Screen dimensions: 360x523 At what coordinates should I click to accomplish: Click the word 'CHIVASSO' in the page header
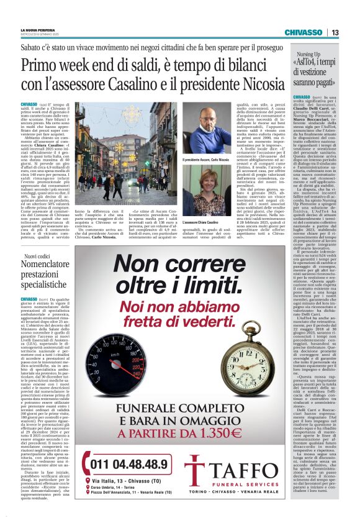click(x=304, y=32)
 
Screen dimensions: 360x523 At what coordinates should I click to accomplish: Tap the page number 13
click(x=335, y=32)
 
